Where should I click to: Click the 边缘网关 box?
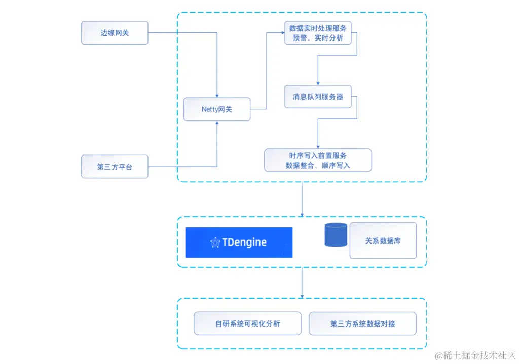coord(115,33)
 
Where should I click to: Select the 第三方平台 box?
coord(115,167)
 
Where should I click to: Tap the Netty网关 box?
coord(216,109)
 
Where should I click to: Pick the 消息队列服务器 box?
coord(318,96)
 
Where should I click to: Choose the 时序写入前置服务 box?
coord(318,160)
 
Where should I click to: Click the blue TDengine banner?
coord(239,242)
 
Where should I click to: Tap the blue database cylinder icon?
coord(336,235)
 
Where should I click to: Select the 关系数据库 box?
coord(383,240)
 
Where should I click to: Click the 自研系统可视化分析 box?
coord(247,323)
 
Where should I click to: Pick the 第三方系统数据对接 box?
coord(362,323)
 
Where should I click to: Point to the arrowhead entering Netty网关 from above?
coord(217,96)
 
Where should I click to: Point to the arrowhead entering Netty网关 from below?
coord(217,123)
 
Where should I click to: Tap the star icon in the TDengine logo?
coord(215,242)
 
